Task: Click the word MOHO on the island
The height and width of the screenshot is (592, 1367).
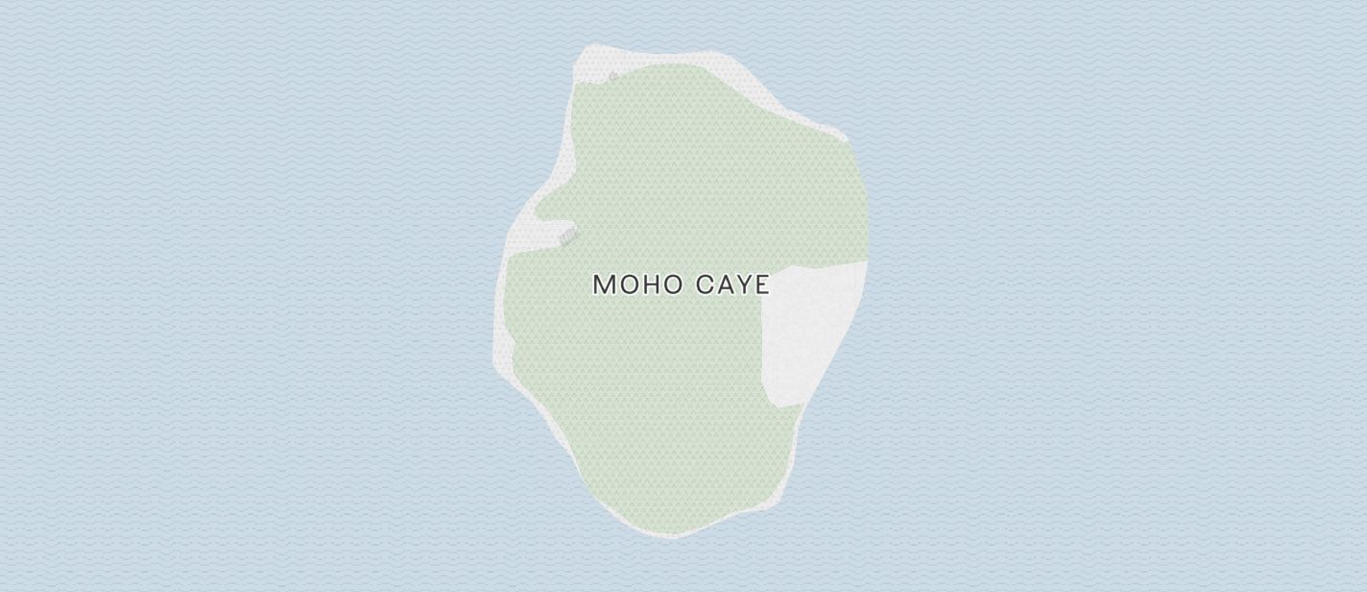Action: point(637,284)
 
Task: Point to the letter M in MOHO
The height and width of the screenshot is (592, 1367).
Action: point(604,284)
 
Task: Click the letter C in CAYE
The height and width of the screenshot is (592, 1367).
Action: point(705,284)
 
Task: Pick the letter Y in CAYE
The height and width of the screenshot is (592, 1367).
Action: point(744,284)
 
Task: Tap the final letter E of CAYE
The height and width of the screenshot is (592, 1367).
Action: point(762,284)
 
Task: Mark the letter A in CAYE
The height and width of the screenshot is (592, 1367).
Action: point(725,284)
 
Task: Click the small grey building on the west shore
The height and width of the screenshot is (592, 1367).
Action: point(568,234)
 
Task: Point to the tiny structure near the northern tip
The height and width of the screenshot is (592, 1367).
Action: point(613,76)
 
